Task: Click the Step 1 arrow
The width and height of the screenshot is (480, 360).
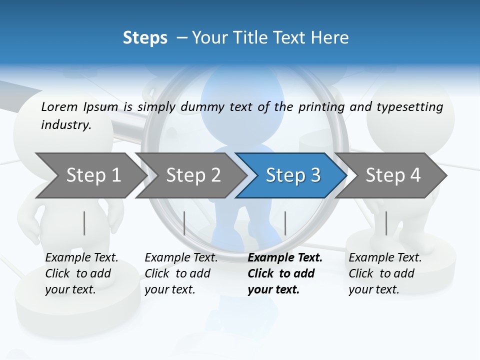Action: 93,175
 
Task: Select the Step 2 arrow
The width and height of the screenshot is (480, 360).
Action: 193,175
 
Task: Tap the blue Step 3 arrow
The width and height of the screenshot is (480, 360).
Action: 293,175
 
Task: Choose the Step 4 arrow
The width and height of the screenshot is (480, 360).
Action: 393,175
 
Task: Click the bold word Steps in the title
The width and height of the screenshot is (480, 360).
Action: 145,37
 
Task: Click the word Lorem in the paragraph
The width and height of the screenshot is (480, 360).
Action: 59,106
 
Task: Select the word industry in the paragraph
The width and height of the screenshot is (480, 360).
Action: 66,124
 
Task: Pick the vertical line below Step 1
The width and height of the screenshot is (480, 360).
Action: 84,223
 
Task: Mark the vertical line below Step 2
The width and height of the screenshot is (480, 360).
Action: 184,223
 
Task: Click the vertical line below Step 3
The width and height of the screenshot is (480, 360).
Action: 285,223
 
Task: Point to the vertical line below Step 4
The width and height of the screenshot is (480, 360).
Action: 386,223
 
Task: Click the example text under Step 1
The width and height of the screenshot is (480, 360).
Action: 81,273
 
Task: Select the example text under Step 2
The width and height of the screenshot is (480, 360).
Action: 181,273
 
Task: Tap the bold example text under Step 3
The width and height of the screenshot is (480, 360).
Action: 285,273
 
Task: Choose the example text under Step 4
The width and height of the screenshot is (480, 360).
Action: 385,273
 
